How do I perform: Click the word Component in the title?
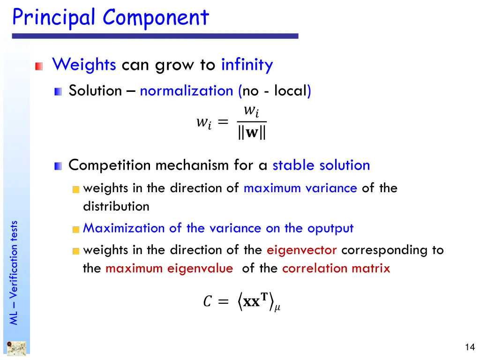pyautogui.click(x=156, y=18)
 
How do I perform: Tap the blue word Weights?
pyautogui.click(x=84, y=64)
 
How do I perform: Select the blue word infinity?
pyautogui.click(x=247, y=64)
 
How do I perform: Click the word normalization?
pyautogui.click(x=187, y=90)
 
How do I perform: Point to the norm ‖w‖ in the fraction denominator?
pyautogui.click(x=251, y=133)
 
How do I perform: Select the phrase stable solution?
pyautogui.click(x=321, y=165)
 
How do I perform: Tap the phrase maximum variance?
pyautogui.click(x=300, y=188)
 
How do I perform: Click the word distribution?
pyautogui.click(x=116, y=206)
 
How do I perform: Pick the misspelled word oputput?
pyautogui.click(x=330, y=228)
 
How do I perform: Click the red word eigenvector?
pyautogui.click(x=302, y=250)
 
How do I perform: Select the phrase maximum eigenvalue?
pyautogui.click(x=169, y=269)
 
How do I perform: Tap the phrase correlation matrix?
pyautogui.click(x=336, y=269)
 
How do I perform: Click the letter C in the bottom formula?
pyautogui.click(x=207, y=301)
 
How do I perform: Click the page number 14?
pyautogui.click(x=470, y=347)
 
